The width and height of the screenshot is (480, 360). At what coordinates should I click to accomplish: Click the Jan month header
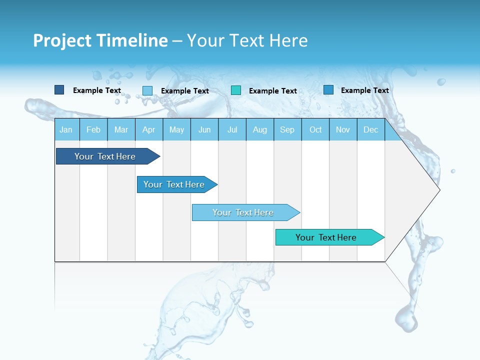click(x=66, y=129)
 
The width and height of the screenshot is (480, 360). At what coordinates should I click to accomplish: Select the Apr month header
click(x=148, y=129)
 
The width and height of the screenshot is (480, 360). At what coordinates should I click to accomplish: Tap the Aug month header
click(x=259, y=129)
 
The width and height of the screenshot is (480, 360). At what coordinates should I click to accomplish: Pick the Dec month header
click(x=370, y=129)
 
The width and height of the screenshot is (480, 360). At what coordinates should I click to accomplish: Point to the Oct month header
click(x=315, y=129)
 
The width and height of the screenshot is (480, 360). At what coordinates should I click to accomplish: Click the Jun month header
click(x=204, y=129)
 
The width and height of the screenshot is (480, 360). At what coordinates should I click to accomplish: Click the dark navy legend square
click(x=59, y=90)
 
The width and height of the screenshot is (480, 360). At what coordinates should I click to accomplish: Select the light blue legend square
click(x=147, y=90)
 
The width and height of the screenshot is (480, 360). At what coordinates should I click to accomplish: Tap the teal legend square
click(x=236, y=90)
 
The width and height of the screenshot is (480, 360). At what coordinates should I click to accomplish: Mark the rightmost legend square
click(x=328, y=90)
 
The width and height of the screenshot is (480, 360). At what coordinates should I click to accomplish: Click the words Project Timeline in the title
click(x=100, y=40)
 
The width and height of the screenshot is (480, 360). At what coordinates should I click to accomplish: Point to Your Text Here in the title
click(x=247, y=40)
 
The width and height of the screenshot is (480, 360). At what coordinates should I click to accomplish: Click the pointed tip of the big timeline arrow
click(x=438, y=189)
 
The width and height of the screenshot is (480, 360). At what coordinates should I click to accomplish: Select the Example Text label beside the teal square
click(x=272, y=91)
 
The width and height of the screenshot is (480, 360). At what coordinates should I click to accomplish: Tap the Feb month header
click(x=93, y=129)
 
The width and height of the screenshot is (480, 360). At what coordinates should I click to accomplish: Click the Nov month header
click(x=343, y=129)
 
